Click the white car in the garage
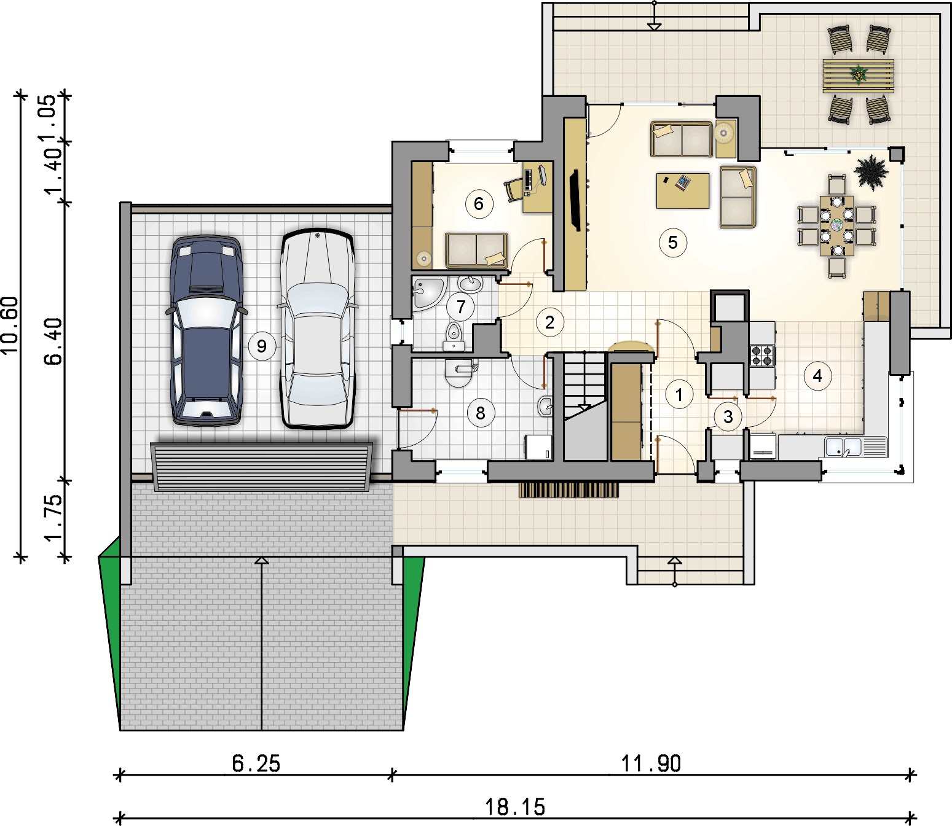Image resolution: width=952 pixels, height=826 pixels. coord(318,328)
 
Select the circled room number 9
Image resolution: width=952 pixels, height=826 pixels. coord(261,346)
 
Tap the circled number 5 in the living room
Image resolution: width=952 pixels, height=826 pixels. coord(673,242)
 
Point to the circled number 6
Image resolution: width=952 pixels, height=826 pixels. coord(479,204)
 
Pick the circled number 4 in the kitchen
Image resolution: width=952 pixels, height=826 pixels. coord(817,376)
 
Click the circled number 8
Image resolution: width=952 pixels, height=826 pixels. coord(481,413)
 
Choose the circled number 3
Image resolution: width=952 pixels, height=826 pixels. coord(728,416)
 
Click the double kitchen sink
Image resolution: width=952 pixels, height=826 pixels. coord(843,446)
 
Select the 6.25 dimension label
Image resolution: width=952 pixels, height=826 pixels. coord(256,764)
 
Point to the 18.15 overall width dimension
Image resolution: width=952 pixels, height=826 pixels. coord(515,808)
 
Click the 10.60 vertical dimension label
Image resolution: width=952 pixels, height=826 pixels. coord(10,326)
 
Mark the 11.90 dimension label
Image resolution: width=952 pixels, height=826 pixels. coord(651,764)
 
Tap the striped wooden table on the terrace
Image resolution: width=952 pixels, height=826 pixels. coord(859,76)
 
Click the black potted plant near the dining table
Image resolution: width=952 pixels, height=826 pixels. coord(871,173)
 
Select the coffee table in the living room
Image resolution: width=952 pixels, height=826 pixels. coord(683,190)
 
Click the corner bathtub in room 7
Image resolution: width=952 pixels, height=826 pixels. coord(429,294)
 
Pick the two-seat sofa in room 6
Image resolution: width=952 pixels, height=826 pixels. coord(476,251)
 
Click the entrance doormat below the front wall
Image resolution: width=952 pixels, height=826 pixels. coord(568,490)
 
